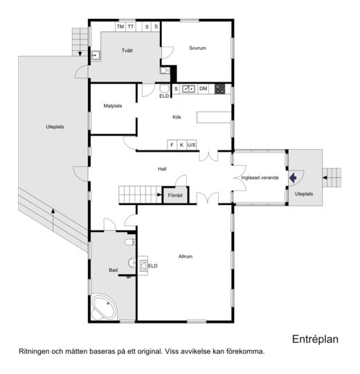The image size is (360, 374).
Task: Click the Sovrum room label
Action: [x=197, y=48]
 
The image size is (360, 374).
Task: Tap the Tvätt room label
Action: [x=127, y=51]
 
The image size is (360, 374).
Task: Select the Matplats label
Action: [x=113, y=106]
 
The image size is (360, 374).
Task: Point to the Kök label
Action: [x=177, y=117]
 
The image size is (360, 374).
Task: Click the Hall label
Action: [x=162, y=169]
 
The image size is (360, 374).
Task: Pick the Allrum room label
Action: [x=186, y=257]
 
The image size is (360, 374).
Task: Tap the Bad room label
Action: [x=114, y=270]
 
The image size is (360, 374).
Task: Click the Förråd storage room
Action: [x=175, y=195]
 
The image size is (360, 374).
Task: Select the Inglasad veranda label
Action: [x=260, y=178]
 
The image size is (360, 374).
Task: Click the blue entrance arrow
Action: [x=293, y=178]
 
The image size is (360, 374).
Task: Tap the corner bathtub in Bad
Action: [x=105, y=308]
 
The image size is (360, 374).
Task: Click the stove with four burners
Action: [x=220, y=89]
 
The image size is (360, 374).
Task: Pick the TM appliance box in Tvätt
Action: [x=120, y=27]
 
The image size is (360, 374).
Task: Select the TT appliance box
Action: [x=130, y=27]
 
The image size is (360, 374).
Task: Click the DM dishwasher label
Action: [x=203, y=89]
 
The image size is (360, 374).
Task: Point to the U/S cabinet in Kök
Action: [x=192, y=145]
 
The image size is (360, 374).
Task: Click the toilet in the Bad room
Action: [x=130, y=242]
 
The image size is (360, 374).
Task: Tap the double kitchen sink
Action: [x=189, y=89]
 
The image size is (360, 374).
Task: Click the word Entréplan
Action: [x=315, y=339]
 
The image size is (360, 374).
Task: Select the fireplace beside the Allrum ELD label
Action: [x=143, y=265]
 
